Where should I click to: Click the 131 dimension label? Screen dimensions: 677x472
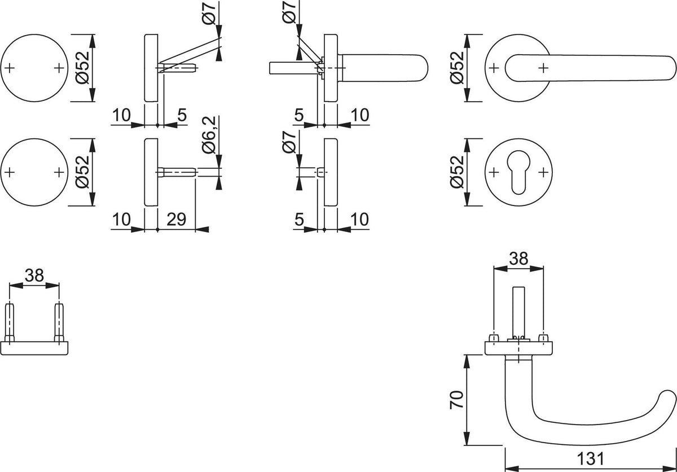click(x=590, y=458)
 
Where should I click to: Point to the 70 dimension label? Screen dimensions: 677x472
click(x=456, y=400)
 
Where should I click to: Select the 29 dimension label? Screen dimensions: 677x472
click(x=176, y=219)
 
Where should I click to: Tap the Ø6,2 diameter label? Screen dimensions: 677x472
click(x=209, y=134)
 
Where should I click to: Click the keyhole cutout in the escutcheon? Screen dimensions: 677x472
click(x=518, y=172)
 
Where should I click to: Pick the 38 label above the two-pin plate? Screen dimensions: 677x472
click(x=34, y=275)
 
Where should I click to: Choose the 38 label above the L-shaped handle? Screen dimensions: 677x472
click(x=518, y=259)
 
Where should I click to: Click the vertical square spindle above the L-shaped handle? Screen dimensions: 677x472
click(x=518, y=312)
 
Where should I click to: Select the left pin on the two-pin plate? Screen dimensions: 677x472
click(x=10, y=322)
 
